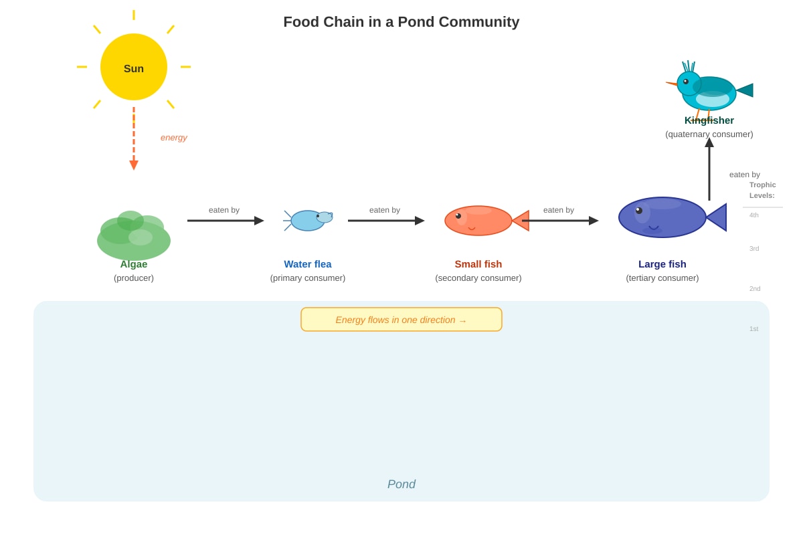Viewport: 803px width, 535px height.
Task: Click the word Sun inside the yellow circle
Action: pyautogui.click(x=134, y=68)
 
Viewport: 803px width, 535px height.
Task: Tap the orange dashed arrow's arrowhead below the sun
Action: pyautogui.click(x=134, y=165)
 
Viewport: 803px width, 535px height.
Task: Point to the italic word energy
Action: pyautogui.click(x=174, y=138)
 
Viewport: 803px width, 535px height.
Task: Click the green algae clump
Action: pyautogui.click(x=134, y=235)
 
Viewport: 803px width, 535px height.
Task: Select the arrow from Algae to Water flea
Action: pyautogui.click(x=226, y=221)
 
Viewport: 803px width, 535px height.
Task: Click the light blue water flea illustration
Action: pyautogui.click(x=308, y=221)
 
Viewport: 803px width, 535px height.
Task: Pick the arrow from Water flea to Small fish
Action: pyautogui.click(x=386, y=221)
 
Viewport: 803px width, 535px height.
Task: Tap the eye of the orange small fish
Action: pyautogui.click(x=458, y=216)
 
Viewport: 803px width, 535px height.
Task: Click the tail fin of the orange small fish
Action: pyautogui.click(x=521, y=221)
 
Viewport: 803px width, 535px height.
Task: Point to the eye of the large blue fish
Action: pyautogui.click(x=639, y=211)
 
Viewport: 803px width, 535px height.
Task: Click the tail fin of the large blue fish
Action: pyautogui.click(x=716, y=217)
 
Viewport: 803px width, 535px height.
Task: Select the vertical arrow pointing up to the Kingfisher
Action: pyautogui.click(x=709, y=169)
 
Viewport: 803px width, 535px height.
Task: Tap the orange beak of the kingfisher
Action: pyautogui.click(x=671, y=84)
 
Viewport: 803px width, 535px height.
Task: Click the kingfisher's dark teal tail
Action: pyautogui.click(x=745, y=90)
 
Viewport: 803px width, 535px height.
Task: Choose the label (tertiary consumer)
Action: pyautogui.click(x=662, y=278)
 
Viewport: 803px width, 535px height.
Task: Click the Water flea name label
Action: pyautogui.click(x=308, y=264)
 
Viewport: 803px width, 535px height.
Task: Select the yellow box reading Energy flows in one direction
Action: pyautogui.click(x=401, y=319)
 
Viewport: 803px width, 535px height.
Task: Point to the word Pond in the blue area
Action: pyautogui.click(x=401, y=484)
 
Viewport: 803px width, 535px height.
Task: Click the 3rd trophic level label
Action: pyautogui.click(x=754, y=248)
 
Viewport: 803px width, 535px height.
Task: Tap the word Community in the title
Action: pyautogui.click(x=479, y=22)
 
